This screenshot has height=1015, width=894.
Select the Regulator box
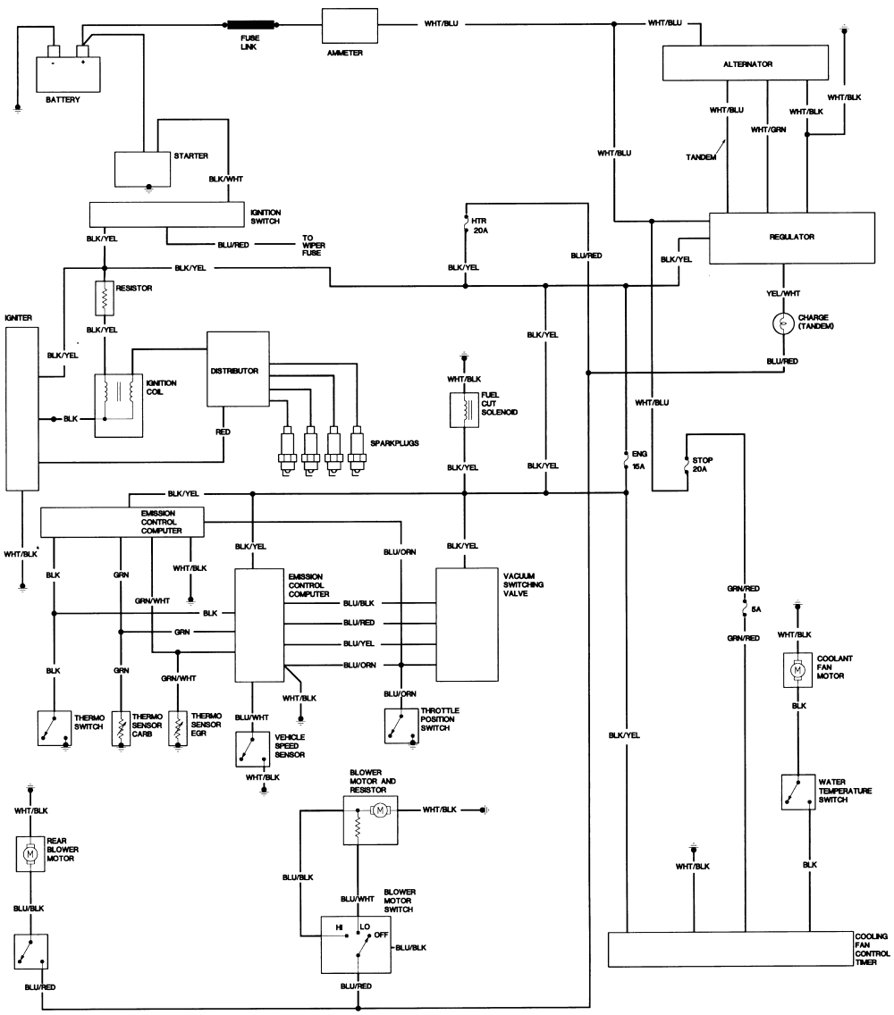tap(791, 237)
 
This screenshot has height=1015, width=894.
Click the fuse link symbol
tap(253, 25)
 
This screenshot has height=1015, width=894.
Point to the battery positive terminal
tap(81, 51)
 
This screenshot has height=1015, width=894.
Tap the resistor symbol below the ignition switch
tap(104, 298)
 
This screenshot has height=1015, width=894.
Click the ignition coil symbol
tap(119, 405)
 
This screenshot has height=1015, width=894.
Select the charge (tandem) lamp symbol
tap(783, 323)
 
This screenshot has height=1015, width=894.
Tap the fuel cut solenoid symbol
tap(464, 407)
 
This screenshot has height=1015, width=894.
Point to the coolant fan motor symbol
tap(794, 669)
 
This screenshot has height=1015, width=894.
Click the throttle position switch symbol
tap(401, 727)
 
